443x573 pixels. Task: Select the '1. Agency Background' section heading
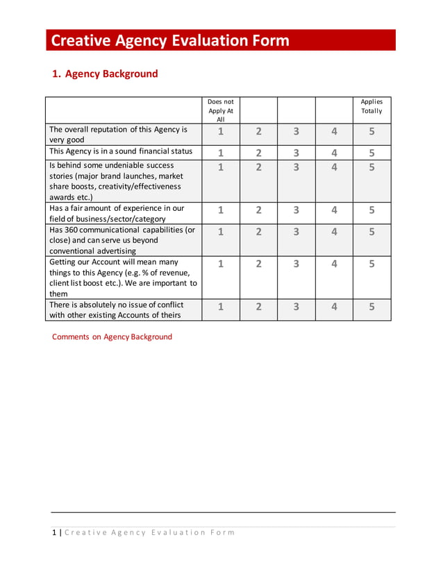[106, 74]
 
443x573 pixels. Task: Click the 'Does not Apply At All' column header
[221, 110]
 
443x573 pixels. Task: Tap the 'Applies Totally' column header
[371, 106]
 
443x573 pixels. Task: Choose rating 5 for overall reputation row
[371, 131]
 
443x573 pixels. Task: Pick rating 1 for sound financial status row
[221, 153]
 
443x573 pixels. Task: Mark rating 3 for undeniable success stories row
[296, 167]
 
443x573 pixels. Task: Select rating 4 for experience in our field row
[334, 210]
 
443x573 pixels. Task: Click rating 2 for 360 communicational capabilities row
[258, 232]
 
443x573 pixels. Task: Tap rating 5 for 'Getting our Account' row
[371, 264]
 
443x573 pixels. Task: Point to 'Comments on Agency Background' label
[112, 337]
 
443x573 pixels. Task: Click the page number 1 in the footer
[54, 533]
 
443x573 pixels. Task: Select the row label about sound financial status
[121, 151]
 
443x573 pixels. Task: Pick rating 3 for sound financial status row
[296, 153]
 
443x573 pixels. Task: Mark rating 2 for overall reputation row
[258, 131]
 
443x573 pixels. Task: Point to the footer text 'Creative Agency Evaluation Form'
[150, 533]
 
